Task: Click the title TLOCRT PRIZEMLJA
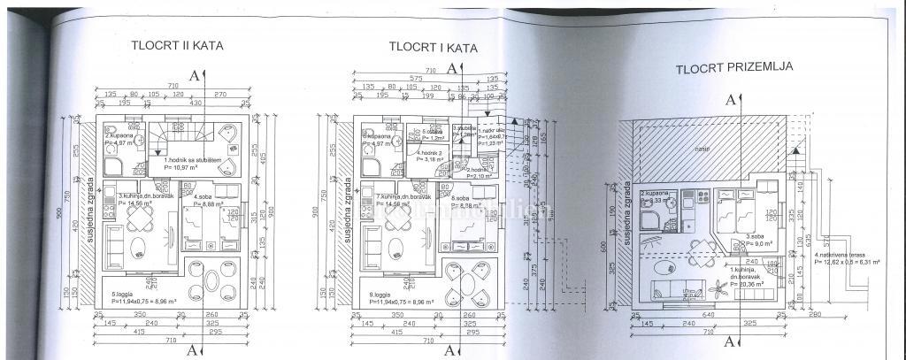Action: coord(733,67)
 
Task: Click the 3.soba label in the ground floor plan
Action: coord(754,237)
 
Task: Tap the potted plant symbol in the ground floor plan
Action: coord(718,287)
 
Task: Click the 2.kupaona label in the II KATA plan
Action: coord(119,136)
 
